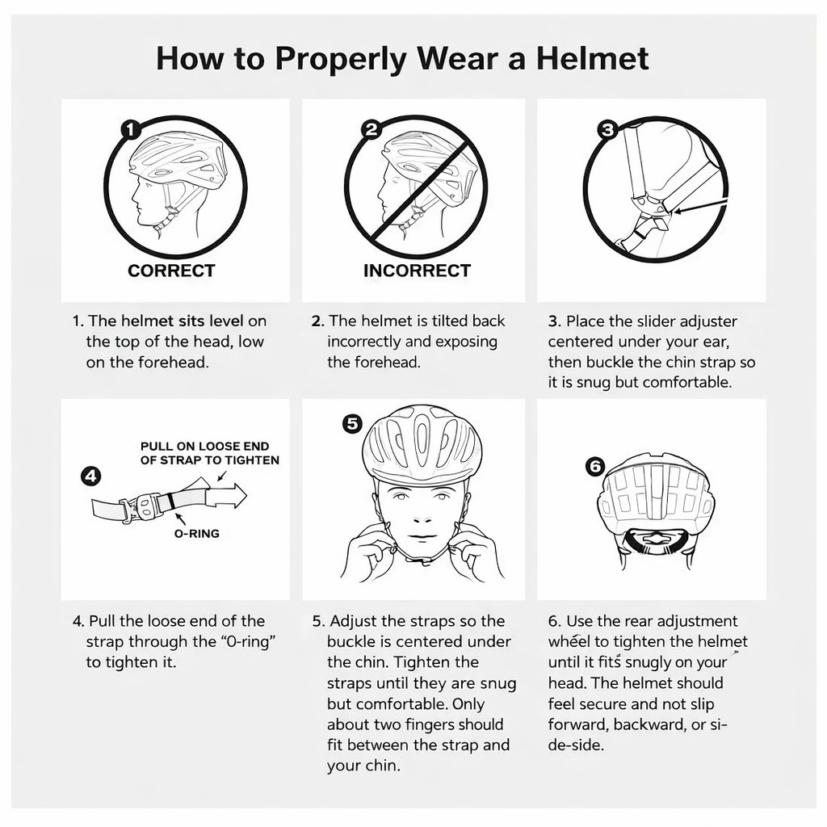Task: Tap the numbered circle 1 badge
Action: coord(131,129)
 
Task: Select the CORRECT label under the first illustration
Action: coord(171,271)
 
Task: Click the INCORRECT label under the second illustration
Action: coord(417,271)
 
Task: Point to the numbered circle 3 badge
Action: coord(607,129)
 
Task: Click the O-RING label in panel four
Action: coord(197,533)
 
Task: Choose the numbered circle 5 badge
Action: coord(351,424)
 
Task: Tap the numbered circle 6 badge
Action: coord(594,466)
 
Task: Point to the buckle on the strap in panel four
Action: coord(144,507)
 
